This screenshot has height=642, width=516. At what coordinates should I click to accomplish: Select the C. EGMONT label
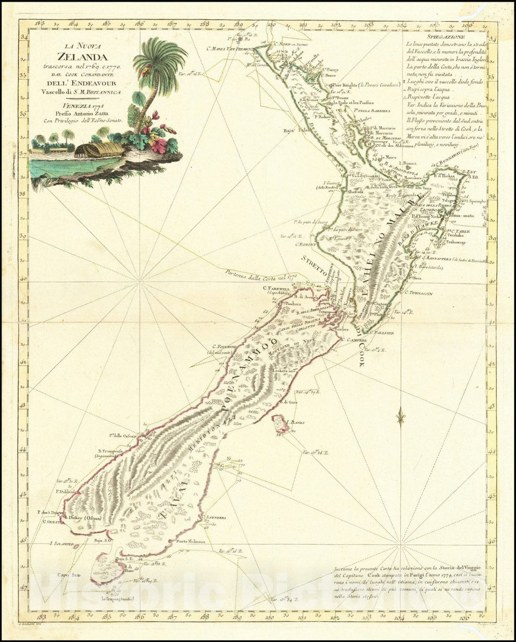pos(306,245)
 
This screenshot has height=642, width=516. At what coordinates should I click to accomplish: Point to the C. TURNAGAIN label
pos(419,293)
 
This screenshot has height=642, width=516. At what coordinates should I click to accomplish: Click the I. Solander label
pos(61,544)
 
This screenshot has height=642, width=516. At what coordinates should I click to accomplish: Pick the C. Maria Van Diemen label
pos(230,48)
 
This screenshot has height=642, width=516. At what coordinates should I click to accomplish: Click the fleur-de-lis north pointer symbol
pos(400,419)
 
